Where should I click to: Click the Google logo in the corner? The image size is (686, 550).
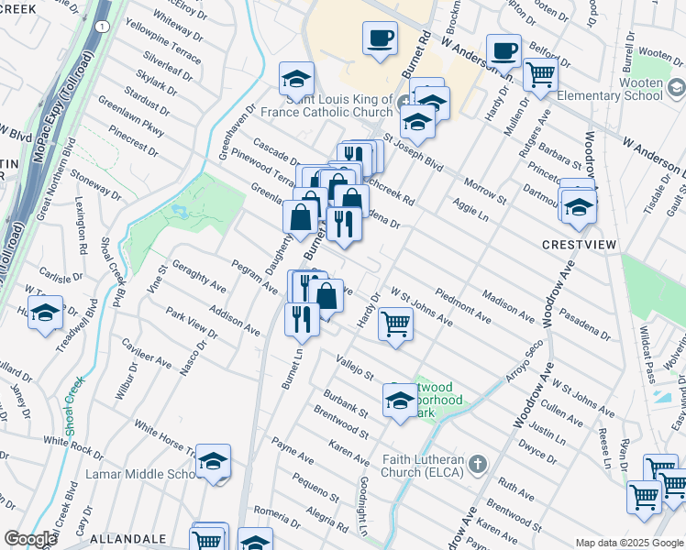pyautogui.click(x=30, y=539)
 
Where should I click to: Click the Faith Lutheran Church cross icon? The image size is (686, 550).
pyautogui.click(x=476, y=464)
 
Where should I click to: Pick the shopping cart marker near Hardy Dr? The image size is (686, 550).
pyautogui.click(x=395, y=324)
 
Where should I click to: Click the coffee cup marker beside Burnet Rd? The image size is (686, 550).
pyautogui.click(x=380, y=39)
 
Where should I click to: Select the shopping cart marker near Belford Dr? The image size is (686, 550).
pyautogui.click(x=541, y=74)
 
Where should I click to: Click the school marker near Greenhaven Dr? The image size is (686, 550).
pyautogui.click(x=297, y=79)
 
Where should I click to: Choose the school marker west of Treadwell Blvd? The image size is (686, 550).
pyautogui.click(x=45, y=313)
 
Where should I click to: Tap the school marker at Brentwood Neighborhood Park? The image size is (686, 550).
pyautogui.click(x=400, y=401)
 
